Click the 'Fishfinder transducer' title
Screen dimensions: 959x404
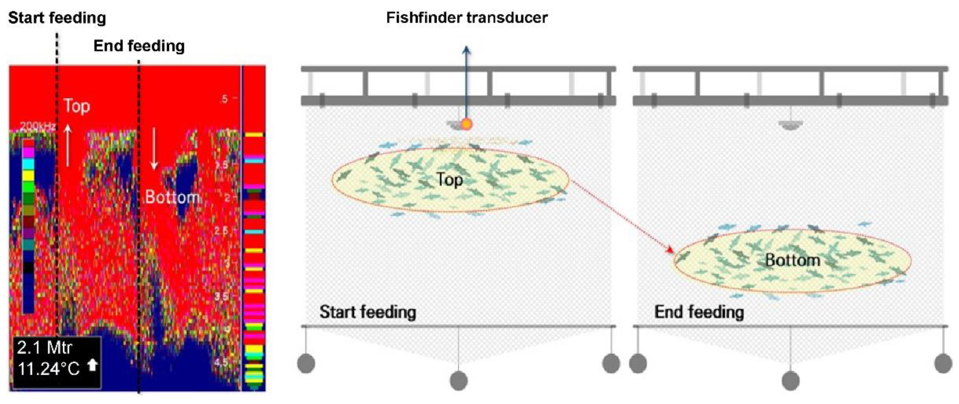tap(467, 17)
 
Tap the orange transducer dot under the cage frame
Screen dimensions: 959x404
tap(466, 124)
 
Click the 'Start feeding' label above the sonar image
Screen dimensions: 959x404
tap(57, 17)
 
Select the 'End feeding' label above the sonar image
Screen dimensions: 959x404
tap(139, 46)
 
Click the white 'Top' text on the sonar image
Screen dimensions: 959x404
tap(77, 106)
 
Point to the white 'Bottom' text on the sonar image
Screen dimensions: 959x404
tap(172, 197)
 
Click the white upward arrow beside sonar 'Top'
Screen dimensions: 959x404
tap(67, 145)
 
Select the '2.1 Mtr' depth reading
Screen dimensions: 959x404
tap(45, 348)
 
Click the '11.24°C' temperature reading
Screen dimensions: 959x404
tap(48, 369)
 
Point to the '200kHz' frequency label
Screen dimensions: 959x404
tap(37, 126)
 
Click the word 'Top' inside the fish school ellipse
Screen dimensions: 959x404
tap(450, 180)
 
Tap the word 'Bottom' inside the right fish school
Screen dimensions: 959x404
tap(793, 260)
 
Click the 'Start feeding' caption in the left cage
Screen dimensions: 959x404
tap(368, 312)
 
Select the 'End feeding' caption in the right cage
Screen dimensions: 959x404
tap(699, 312)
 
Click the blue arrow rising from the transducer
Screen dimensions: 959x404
tap(466, 82)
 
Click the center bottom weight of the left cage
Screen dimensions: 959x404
tap(459, 380)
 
